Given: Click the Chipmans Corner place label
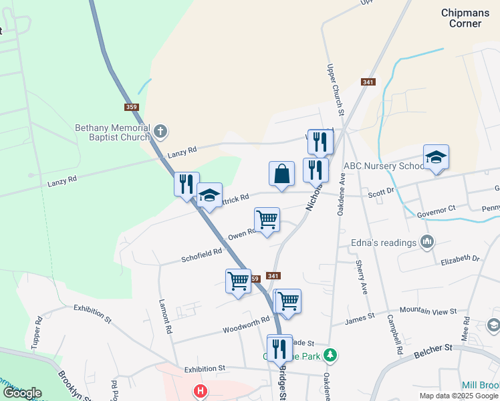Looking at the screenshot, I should [461, 18].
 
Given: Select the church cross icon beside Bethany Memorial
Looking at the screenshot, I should [160, 130].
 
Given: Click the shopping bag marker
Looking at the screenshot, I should [281, 174].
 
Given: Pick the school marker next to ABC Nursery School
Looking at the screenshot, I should [436, 158].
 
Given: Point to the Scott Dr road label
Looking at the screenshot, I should [382, 192].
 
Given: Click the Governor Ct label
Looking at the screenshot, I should [436, 210].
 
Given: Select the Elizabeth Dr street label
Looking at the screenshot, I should [461, 258].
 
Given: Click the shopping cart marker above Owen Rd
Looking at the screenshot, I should [267, 220].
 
